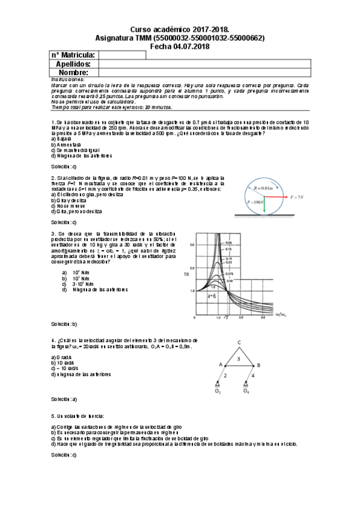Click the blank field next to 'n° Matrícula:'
(122, 55)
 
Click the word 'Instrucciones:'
(67, 79)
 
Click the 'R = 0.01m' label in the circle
(263, 188)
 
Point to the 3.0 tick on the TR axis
(192, 245)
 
